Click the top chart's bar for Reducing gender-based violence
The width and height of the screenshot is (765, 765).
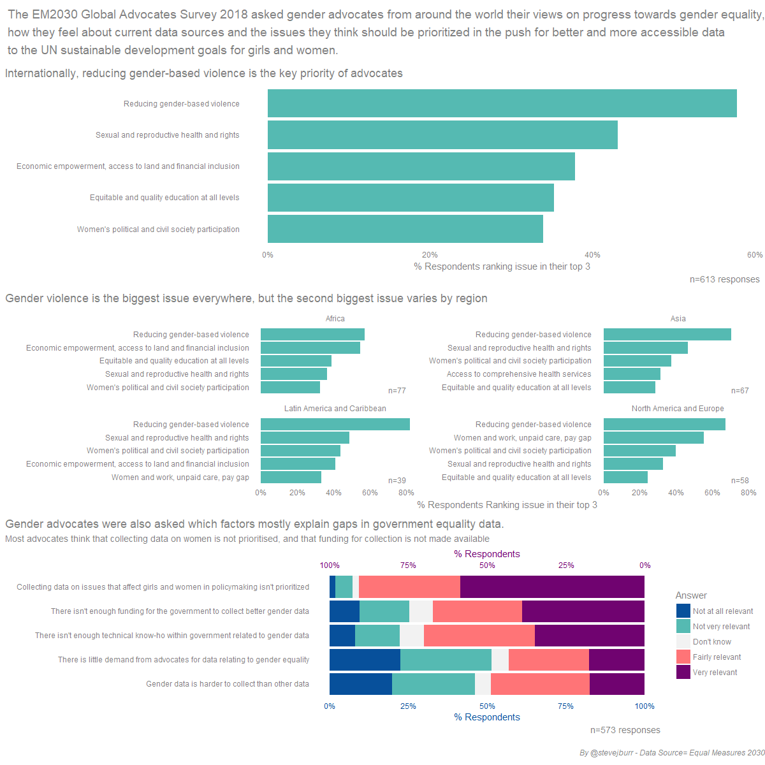pyautogui.click(x=502, y=103)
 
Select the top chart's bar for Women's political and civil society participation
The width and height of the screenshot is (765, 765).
pyautogui.click(x=405, y=229)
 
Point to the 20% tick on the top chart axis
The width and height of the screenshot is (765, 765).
pyautogui.click(x=430, y=255)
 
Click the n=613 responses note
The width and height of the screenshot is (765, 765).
pyautogui.click(x=724, y=279)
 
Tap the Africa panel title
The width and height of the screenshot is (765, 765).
pyautogui.click(x=335, y=318)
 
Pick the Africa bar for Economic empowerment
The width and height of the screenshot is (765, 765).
pyautogui.click(x=310, y=348)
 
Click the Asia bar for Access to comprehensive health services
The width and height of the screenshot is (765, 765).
pyautogui.click(x=632, y=374)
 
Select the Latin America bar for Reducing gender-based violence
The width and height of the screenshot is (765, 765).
pyautogui.click(x=335, y=424)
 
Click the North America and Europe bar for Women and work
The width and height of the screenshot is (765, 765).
pyautogui.click(x=653, y=437)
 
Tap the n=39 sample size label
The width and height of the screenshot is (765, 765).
pyautogui.click(x=397, y=481)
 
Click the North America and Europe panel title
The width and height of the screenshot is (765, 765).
pyautogui.click(x=677, y=408)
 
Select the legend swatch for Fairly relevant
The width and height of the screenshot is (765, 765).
pyautogui.click(x=683, y=657)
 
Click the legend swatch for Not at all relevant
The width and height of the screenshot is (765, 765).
pyautogui.click(x=683, y=611)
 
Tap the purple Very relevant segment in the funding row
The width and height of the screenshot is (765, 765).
pyautogui.click(x=583, y=611)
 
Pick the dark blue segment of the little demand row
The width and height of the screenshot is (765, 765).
pyautogui.click(x=365, y=659)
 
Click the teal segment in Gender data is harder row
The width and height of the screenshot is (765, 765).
pyautogui.click(x=433, y=683)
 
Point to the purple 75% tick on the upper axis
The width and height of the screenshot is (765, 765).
pyautogui.click(x=408, y=565)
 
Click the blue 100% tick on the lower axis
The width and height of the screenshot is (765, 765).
pyautogui.click(x=644, y=706)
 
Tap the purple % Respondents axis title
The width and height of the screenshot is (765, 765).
pyautogui.click(x=486, y=553)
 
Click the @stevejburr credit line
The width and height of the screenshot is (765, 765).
pyautogui.click(x=672, y=752)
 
